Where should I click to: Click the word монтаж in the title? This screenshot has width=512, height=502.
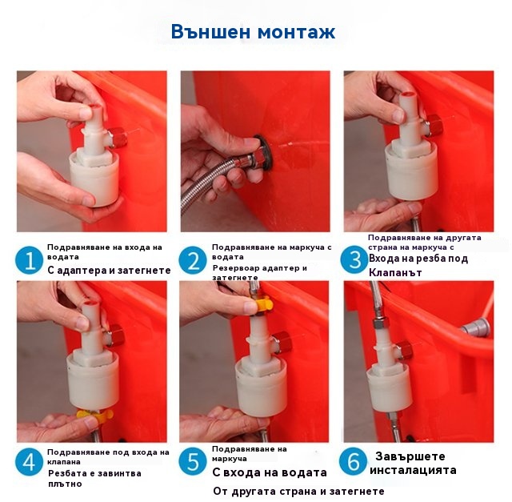coord(296,32)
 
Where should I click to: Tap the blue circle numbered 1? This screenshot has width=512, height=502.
coord(29,260)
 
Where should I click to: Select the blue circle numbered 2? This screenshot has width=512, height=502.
coord(193,260)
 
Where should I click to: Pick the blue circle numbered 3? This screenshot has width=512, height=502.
coord(354,260)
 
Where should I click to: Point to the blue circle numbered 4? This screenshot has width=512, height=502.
coord(29,462)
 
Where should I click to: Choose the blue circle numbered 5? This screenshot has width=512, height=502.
coord(193,461)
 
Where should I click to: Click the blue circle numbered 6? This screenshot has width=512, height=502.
coord(354,461)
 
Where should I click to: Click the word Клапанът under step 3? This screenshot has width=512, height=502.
coord(395,272)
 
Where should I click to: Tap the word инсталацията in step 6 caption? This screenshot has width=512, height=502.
coord(413,470)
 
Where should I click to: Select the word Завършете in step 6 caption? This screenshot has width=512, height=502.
coord(410,456)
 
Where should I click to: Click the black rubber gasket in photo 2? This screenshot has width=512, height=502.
coord(263,152)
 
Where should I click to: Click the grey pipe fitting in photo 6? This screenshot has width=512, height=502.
coord(475,327)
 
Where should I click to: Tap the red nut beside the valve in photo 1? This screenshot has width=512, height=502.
coord(118,136)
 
